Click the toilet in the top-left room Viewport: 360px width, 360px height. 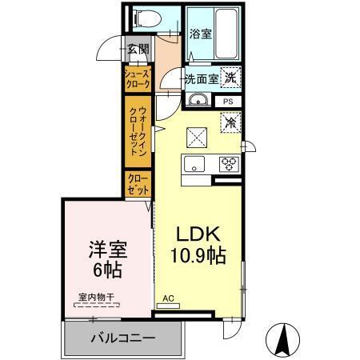tap(145, 15)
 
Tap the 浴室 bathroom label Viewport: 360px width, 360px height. tap(202, 34)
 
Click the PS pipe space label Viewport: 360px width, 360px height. tap(229, 102)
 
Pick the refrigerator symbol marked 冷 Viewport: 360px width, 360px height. tap(230, 123)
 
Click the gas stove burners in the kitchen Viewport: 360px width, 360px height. tap(230, 164)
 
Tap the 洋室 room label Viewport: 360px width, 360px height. tap(105, 249)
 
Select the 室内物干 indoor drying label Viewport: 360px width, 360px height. tap(96, 298)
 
